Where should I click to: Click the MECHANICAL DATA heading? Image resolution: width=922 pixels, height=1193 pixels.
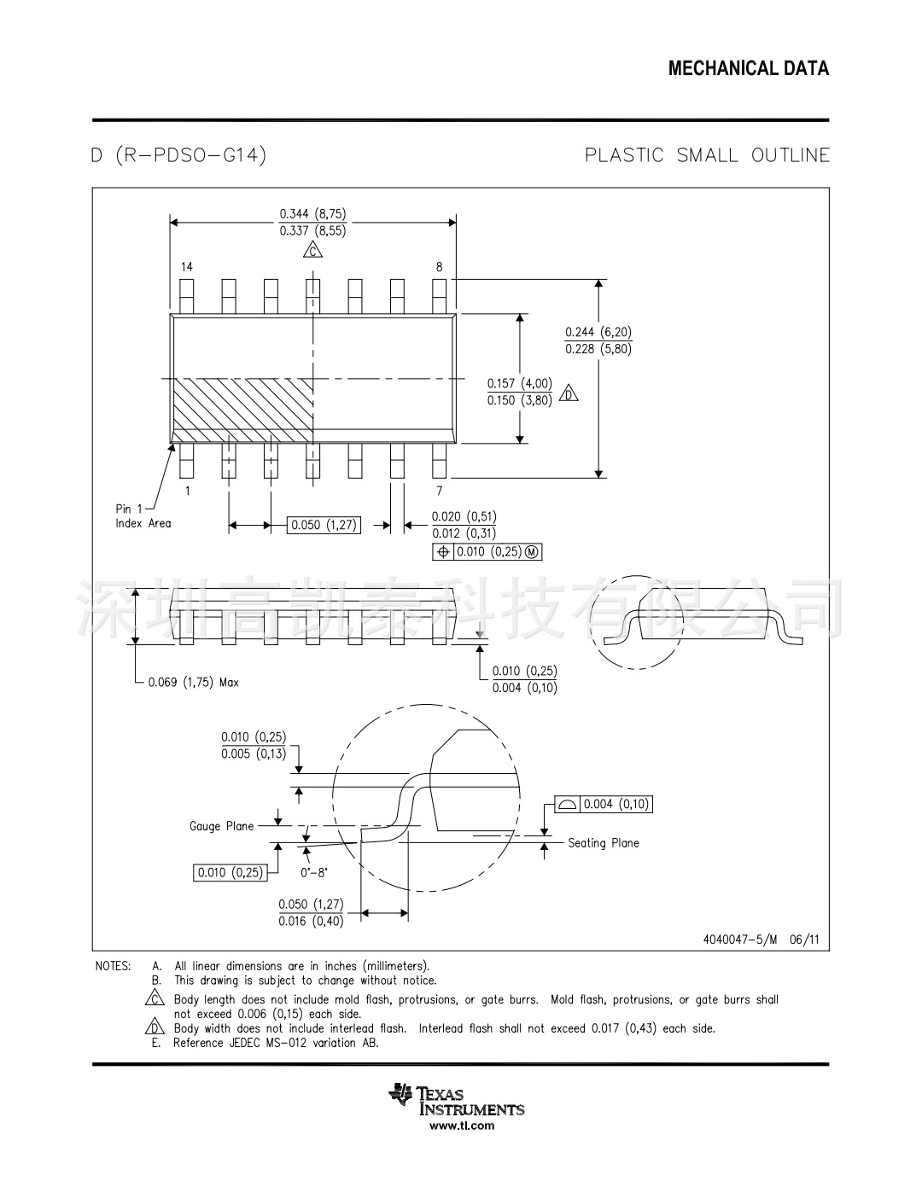coord(748,69)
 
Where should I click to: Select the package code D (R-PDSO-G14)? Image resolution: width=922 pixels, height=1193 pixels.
coord(179,155)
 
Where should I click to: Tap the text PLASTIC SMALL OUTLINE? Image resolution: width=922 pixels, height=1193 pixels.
coord(707,155)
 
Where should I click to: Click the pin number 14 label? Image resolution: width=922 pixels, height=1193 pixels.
coord(186,267)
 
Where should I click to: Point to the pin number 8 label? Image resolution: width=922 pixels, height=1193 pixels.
coord(440,267)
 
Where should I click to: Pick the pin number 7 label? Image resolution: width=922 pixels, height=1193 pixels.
coord(440,491)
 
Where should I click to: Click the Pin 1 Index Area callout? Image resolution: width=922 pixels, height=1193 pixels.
coord(143,516)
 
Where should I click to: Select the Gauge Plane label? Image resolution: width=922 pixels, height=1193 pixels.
coord(221,826)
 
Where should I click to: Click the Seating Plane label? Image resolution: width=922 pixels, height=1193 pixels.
coord(604,843)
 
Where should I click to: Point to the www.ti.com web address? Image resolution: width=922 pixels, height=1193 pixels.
coord(461,1126)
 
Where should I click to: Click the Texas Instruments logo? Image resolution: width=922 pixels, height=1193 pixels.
coord(458,1100)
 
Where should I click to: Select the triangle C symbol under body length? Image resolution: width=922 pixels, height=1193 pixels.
coord(313,250)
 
